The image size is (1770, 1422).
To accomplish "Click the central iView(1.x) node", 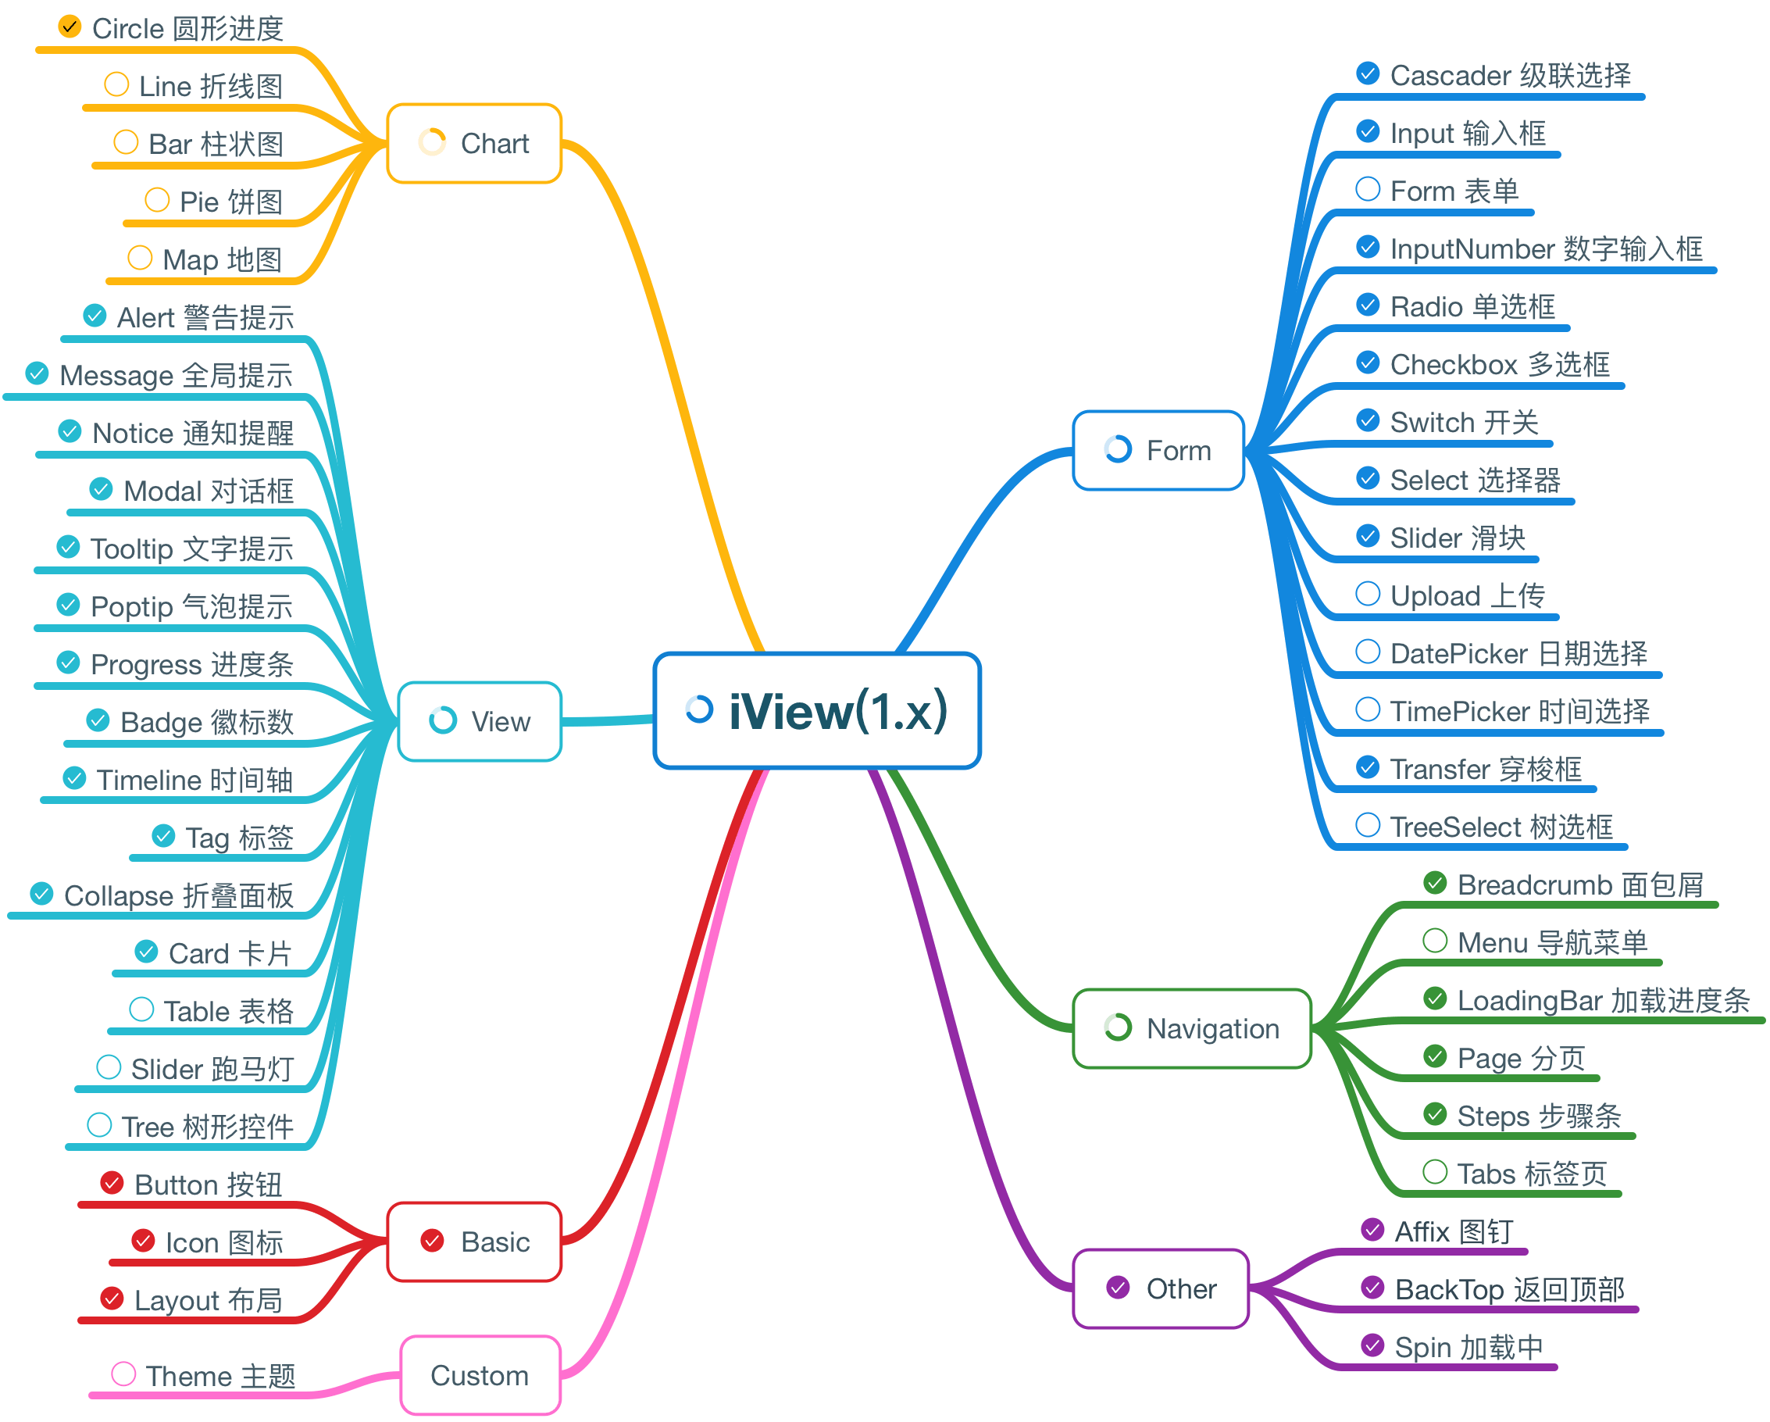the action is pos(817,711).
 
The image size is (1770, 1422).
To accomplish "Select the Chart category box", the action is pos(474,144).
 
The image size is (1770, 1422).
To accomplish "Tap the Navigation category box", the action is pos(1192,1029).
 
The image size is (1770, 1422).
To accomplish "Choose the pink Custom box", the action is pos(480,1375).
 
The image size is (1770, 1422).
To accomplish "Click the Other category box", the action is pos(1161,1289).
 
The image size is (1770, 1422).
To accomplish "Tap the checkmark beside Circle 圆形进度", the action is pos(70,27).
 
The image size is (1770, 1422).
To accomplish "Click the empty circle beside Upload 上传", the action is pos(1368,594).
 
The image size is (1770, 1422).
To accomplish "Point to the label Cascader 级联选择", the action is pos(1511,76).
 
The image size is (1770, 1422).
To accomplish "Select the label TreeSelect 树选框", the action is pos(1501,827).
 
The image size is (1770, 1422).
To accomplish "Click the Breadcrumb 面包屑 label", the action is pos(1580,885).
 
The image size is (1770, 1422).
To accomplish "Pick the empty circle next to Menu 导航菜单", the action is pos(1435,941).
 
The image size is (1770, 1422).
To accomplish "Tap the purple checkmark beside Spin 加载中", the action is pos(1372,1345).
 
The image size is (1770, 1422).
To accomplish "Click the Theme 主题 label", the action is pos(221,1376).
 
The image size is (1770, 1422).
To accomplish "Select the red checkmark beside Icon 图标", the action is pos(144,1241).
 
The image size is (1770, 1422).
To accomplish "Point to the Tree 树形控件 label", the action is pos(208,1127).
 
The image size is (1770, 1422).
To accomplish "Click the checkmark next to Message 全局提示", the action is pos(37,373).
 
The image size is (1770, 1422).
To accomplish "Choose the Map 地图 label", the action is pos(223,260).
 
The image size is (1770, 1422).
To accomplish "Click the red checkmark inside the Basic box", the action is pos(433,1241).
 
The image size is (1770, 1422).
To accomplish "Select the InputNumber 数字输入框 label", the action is pos(1547,248).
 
